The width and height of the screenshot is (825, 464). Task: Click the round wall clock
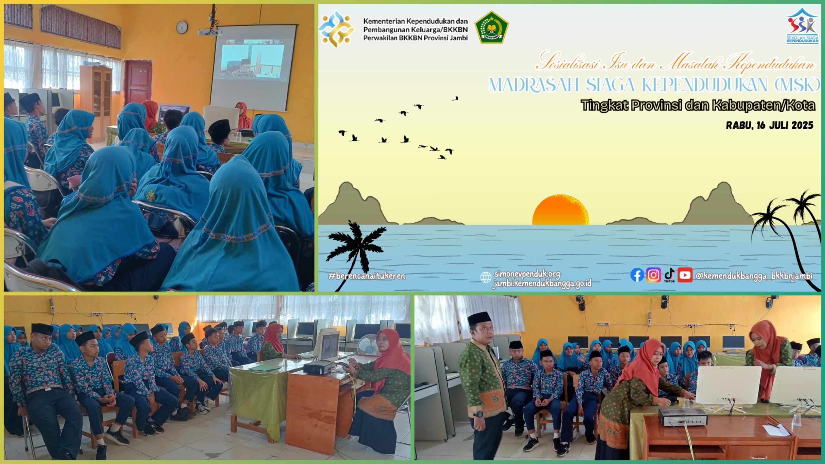pos(182,27)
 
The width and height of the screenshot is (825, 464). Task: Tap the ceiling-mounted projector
pos(210,31)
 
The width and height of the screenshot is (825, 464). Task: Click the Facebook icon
pos(637,275)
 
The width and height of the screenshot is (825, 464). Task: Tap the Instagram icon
pos(653,275)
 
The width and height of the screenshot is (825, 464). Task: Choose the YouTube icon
pos(685,275)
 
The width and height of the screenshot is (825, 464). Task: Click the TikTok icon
pos(669,275)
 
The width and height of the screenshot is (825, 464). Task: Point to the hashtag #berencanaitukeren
pos(367,276)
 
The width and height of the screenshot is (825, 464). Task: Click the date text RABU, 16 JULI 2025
pos(770,125)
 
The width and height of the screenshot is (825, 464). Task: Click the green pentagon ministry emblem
pos(491,27)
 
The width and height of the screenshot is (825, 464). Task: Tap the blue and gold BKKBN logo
pos(336,29)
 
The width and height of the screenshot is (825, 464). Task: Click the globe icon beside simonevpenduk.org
pos(486,277)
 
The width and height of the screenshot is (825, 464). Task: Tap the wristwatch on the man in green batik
pos(480,414)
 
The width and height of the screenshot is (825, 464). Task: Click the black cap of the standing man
pos(480,319)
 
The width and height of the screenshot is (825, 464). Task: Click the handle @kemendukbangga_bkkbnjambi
pos(754,276)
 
